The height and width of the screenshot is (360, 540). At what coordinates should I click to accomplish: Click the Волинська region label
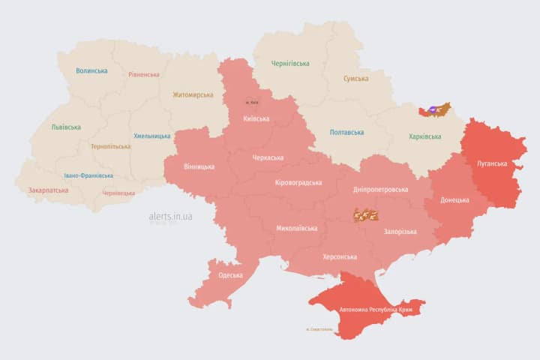[91, 71]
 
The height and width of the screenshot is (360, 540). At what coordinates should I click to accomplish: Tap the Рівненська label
[143, 75]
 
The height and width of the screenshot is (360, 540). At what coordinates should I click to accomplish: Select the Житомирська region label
[193, 95]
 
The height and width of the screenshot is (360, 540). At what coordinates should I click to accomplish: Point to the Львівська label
[66, 127]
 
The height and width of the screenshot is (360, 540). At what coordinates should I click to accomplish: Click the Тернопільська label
[109, 147]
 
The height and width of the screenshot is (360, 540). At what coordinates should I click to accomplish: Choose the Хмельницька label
[152, 136]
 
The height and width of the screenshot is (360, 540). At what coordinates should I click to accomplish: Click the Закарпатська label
[48, 190]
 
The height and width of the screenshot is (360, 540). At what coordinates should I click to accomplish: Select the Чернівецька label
[118, 193]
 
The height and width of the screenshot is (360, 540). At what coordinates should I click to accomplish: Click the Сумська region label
[355, 79]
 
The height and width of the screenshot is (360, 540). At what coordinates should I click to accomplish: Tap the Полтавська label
[347, 133]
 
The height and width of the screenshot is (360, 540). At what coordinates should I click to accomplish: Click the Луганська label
[492, 163]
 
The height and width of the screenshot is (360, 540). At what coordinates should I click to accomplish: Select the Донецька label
[454, 200]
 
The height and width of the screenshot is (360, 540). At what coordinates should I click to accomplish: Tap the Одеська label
[230, 275]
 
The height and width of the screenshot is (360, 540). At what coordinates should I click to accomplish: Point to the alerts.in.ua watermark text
[170, 216]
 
